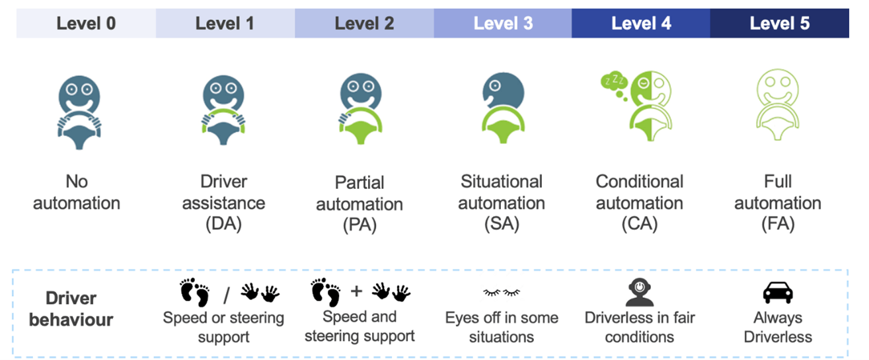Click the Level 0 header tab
86,24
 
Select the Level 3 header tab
503,24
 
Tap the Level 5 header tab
779,24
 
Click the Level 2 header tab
364,24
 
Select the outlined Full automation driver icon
778,108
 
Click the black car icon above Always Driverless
778,292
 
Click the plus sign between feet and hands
357,291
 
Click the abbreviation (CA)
639,225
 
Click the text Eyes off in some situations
502,328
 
